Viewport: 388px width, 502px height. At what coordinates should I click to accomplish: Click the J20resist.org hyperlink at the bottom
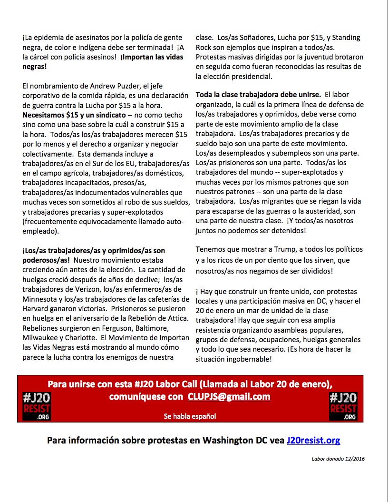(313, 440)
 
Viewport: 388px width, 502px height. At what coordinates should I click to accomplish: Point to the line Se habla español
(190, 416)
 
